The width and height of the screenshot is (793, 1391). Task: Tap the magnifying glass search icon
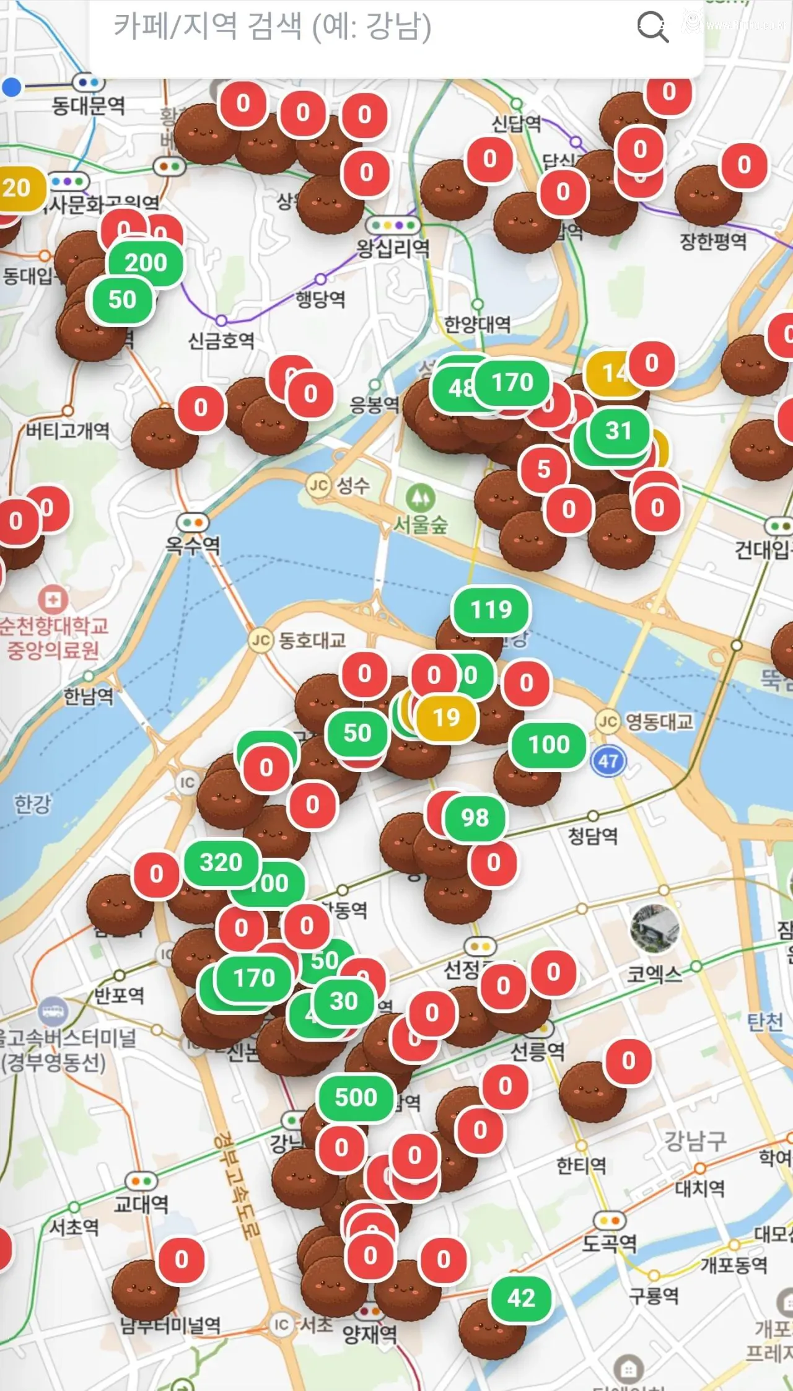tap(652, 27)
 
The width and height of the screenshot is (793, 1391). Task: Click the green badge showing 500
tap(356, 1097)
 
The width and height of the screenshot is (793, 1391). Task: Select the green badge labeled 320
tap(221, 862)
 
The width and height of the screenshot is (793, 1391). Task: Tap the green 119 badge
tap(491, 610)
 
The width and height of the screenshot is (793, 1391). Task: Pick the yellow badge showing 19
tap(447, 717)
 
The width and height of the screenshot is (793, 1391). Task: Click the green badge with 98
tap(475, 818)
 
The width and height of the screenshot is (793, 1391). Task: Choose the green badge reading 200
tap(146, 263)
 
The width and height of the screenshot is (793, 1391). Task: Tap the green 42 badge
tap(521, 1298)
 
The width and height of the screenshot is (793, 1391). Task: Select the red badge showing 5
tap(543, 469)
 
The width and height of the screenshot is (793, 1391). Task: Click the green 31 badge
tap(618, 431)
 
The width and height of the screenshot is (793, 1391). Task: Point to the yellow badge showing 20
tap(17, 188)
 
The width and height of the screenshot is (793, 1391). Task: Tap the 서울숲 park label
tap(421, 525)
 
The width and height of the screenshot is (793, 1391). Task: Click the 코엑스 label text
tap(654, 975)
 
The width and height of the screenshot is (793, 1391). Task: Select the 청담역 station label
tap(593, 836)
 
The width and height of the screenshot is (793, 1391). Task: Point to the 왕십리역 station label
tap(393, 248)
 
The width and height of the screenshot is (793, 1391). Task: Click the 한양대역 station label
tap(478, 323)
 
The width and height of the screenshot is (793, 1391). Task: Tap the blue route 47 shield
tap(608, 760)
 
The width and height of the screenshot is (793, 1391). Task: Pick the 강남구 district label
tap(695, 1141)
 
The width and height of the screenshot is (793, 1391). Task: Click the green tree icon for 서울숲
tap(420, 497)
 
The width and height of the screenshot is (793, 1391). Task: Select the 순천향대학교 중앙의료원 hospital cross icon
tap(53, 600)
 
